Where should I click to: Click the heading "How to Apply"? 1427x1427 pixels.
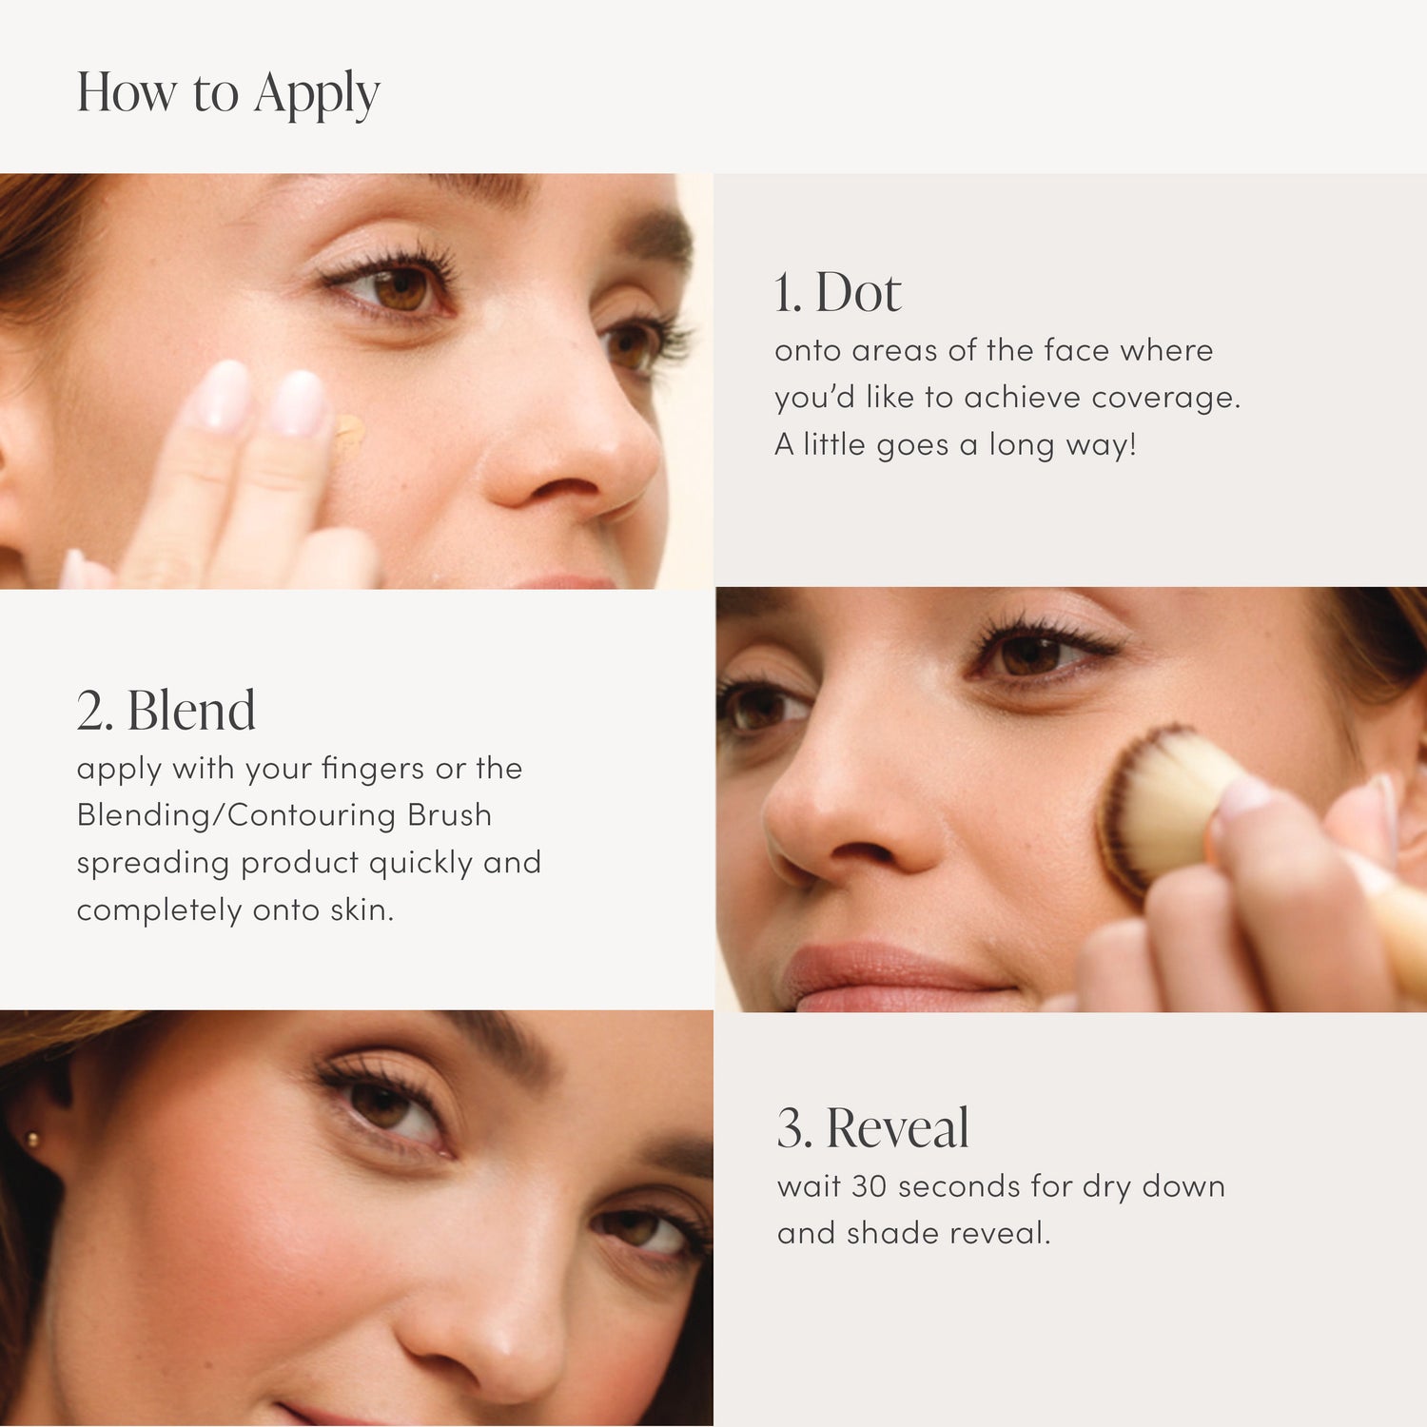click(228, 93)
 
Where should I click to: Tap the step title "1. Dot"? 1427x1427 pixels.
click(837, 292)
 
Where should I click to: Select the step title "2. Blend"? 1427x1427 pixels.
click(166, 711)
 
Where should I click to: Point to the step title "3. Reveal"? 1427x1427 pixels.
click(873, 1128)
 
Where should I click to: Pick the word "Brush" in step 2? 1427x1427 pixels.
click(449, 815)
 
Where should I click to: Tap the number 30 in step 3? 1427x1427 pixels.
click(869, 1186)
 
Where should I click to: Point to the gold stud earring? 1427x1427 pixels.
click(34, 1139)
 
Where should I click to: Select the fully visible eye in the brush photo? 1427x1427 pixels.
click(1032, 654)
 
